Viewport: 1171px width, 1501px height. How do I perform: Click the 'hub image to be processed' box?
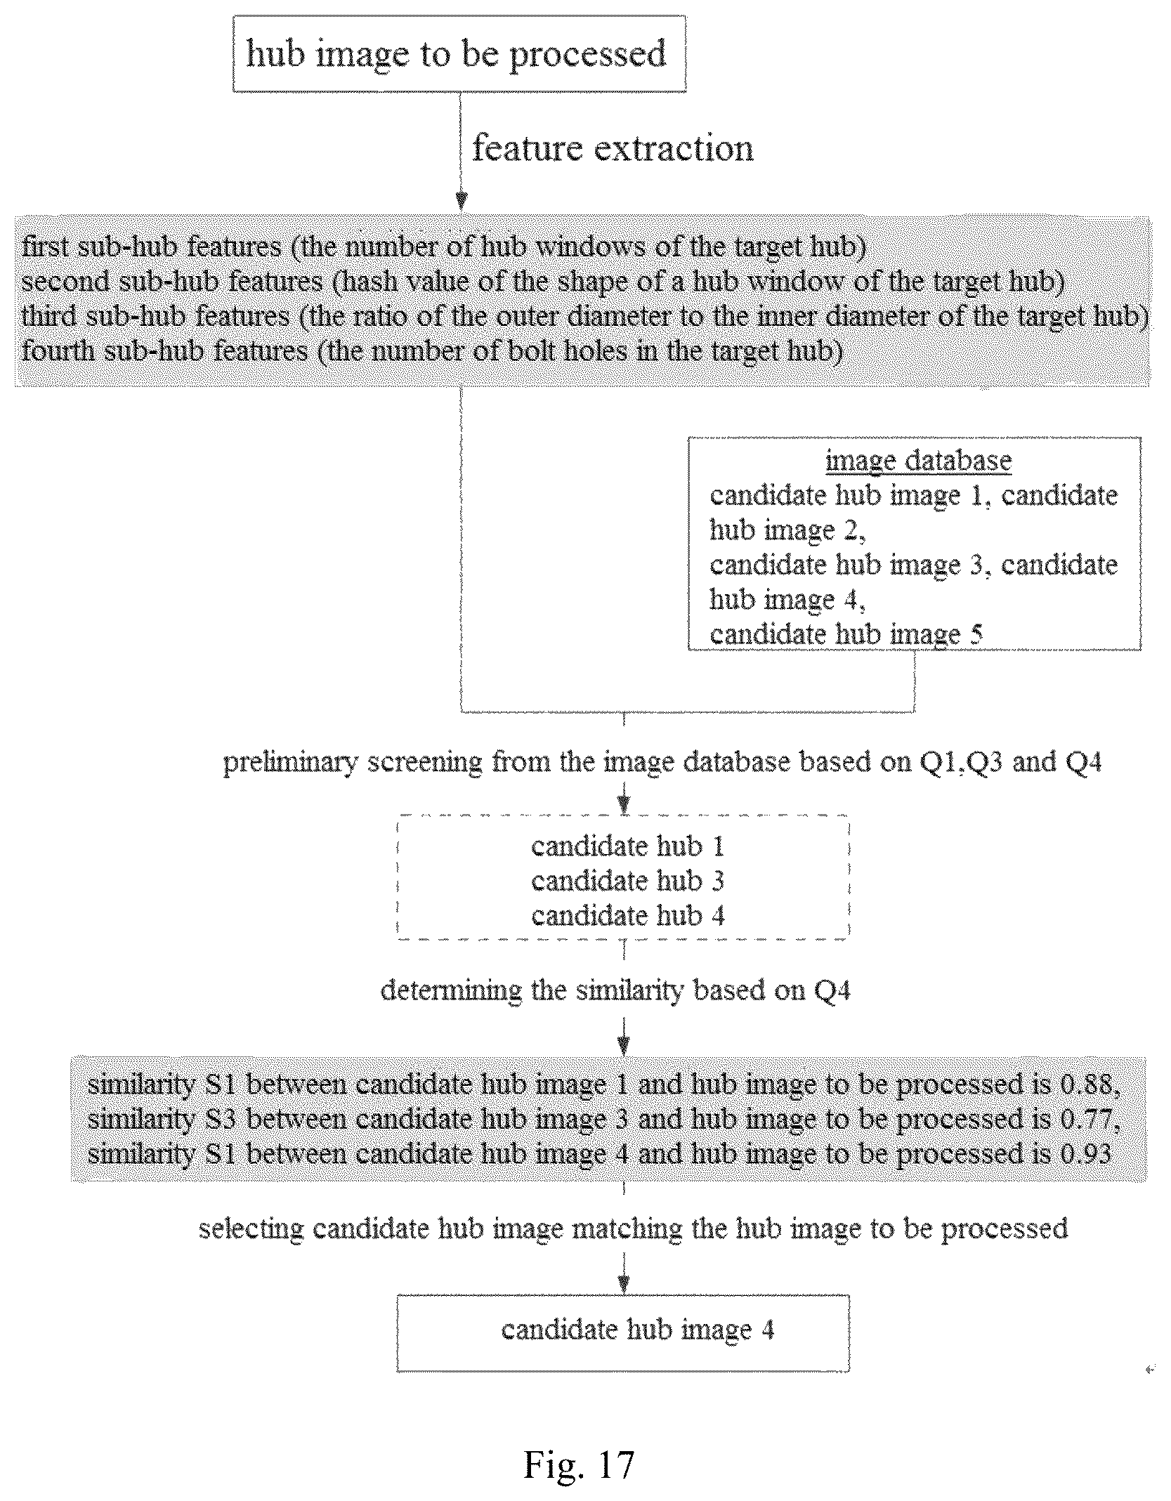[459, 54]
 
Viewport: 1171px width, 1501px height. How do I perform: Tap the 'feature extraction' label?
[613, 148]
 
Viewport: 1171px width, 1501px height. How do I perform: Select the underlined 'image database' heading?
[918, 461]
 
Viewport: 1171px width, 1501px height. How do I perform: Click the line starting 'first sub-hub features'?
[443, 247]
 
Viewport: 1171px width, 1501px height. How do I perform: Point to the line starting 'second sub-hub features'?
[542, 282]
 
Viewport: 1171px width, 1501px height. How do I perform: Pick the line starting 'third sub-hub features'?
[584, 316]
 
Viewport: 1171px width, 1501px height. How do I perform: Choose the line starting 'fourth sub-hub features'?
[432, 350]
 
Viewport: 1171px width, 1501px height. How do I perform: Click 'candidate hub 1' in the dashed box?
[627, 846]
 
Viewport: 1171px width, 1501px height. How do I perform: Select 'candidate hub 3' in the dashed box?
[627, 881]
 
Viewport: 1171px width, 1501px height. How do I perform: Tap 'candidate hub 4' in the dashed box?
[627, 915]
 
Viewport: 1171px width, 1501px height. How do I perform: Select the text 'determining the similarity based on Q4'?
[615, 991]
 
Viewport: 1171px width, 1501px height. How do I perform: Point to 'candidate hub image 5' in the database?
[846, 634]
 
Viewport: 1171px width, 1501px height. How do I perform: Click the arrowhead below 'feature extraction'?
[461, 201]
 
